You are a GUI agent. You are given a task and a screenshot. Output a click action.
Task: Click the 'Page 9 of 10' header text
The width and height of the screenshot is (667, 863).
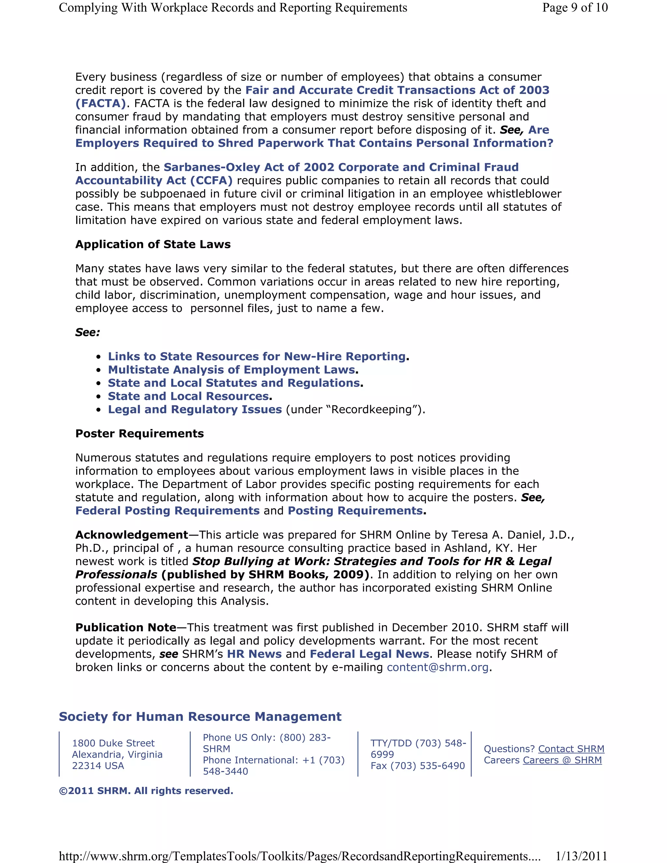click(575, 7)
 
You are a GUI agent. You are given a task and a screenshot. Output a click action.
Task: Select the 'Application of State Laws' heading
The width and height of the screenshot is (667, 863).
click(153, 244)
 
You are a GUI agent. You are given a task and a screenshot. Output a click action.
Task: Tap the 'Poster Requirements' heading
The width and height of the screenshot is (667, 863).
click(139, 433)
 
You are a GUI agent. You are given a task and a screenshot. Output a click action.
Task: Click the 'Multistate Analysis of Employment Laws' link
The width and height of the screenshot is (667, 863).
click(232, 370)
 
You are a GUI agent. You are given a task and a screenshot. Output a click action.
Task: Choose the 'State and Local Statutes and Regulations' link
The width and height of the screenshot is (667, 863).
click(234, 383)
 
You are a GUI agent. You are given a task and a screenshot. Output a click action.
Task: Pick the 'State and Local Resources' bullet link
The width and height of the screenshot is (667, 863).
click(188, 396)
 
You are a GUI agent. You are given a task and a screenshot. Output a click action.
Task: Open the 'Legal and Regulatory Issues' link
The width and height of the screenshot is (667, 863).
click(195, 409)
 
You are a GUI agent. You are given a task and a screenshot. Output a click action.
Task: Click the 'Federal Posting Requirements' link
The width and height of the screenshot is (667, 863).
click(167, 511)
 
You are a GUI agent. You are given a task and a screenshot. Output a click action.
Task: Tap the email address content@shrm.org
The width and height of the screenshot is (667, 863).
click(437, 667)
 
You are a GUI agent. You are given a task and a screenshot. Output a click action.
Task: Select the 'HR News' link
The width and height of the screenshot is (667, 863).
click(254, 654)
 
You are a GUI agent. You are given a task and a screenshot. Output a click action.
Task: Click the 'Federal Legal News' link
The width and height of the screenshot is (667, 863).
click(369, 654)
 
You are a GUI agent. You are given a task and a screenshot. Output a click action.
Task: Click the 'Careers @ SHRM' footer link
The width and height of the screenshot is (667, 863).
click(562, 760)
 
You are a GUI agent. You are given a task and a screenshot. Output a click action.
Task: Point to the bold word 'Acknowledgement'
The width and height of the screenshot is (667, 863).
click(132, 535)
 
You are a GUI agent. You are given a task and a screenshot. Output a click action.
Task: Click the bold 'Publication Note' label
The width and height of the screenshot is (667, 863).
click(126, 628)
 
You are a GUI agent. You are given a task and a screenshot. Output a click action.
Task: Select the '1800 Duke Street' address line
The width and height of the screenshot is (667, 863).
click(113, 743)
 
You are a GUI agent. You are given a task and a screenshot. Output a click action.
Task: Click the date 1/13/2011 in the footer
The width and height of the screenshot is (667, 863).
click(581, 856)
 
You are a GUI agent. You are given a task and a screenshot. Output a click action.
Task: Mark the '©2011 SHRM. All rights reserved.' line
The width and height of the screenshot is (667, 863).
click(146, 791)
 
